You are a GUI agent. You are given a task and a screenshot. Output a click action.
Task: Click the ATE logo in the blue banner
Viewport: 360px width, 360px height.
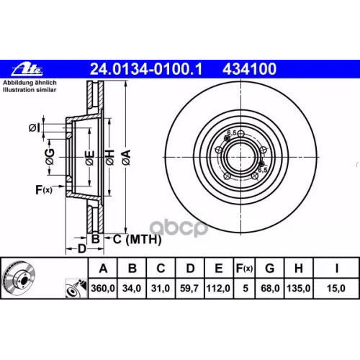[27, 69]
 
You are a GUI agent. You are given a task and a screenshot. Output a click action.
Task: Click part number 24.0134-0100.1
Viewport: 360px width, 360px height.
[146, 69]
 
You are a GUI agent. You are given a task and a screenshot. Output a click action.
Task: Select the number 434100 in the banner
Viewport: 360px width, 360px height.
[249, 69]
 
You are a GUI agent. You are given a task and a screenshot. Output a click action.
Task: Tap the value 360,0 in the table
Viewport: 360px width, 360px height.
[103, 288]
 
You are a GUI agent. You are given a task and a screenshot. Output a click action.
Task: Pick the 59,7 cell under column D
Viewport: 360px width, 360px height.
[189, 288]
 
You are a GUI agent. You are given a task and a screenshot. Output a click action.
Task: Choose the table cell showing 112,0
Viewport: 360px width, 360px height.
[218, 288]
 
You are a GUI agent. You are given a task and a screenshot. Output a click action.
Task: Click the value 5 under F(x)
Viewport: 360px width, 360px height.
[246, 288]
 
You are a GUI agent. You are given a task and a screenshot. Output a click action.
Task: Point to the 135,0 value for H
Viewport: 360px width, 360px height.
[299, 288]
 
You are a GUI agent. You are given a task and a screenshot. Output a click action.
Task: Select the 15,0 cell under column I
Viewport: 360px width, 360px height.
[336, 288]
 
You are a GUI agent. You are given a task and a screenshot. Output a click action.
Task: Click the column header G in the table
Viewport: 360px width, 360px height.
[270, 268]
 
